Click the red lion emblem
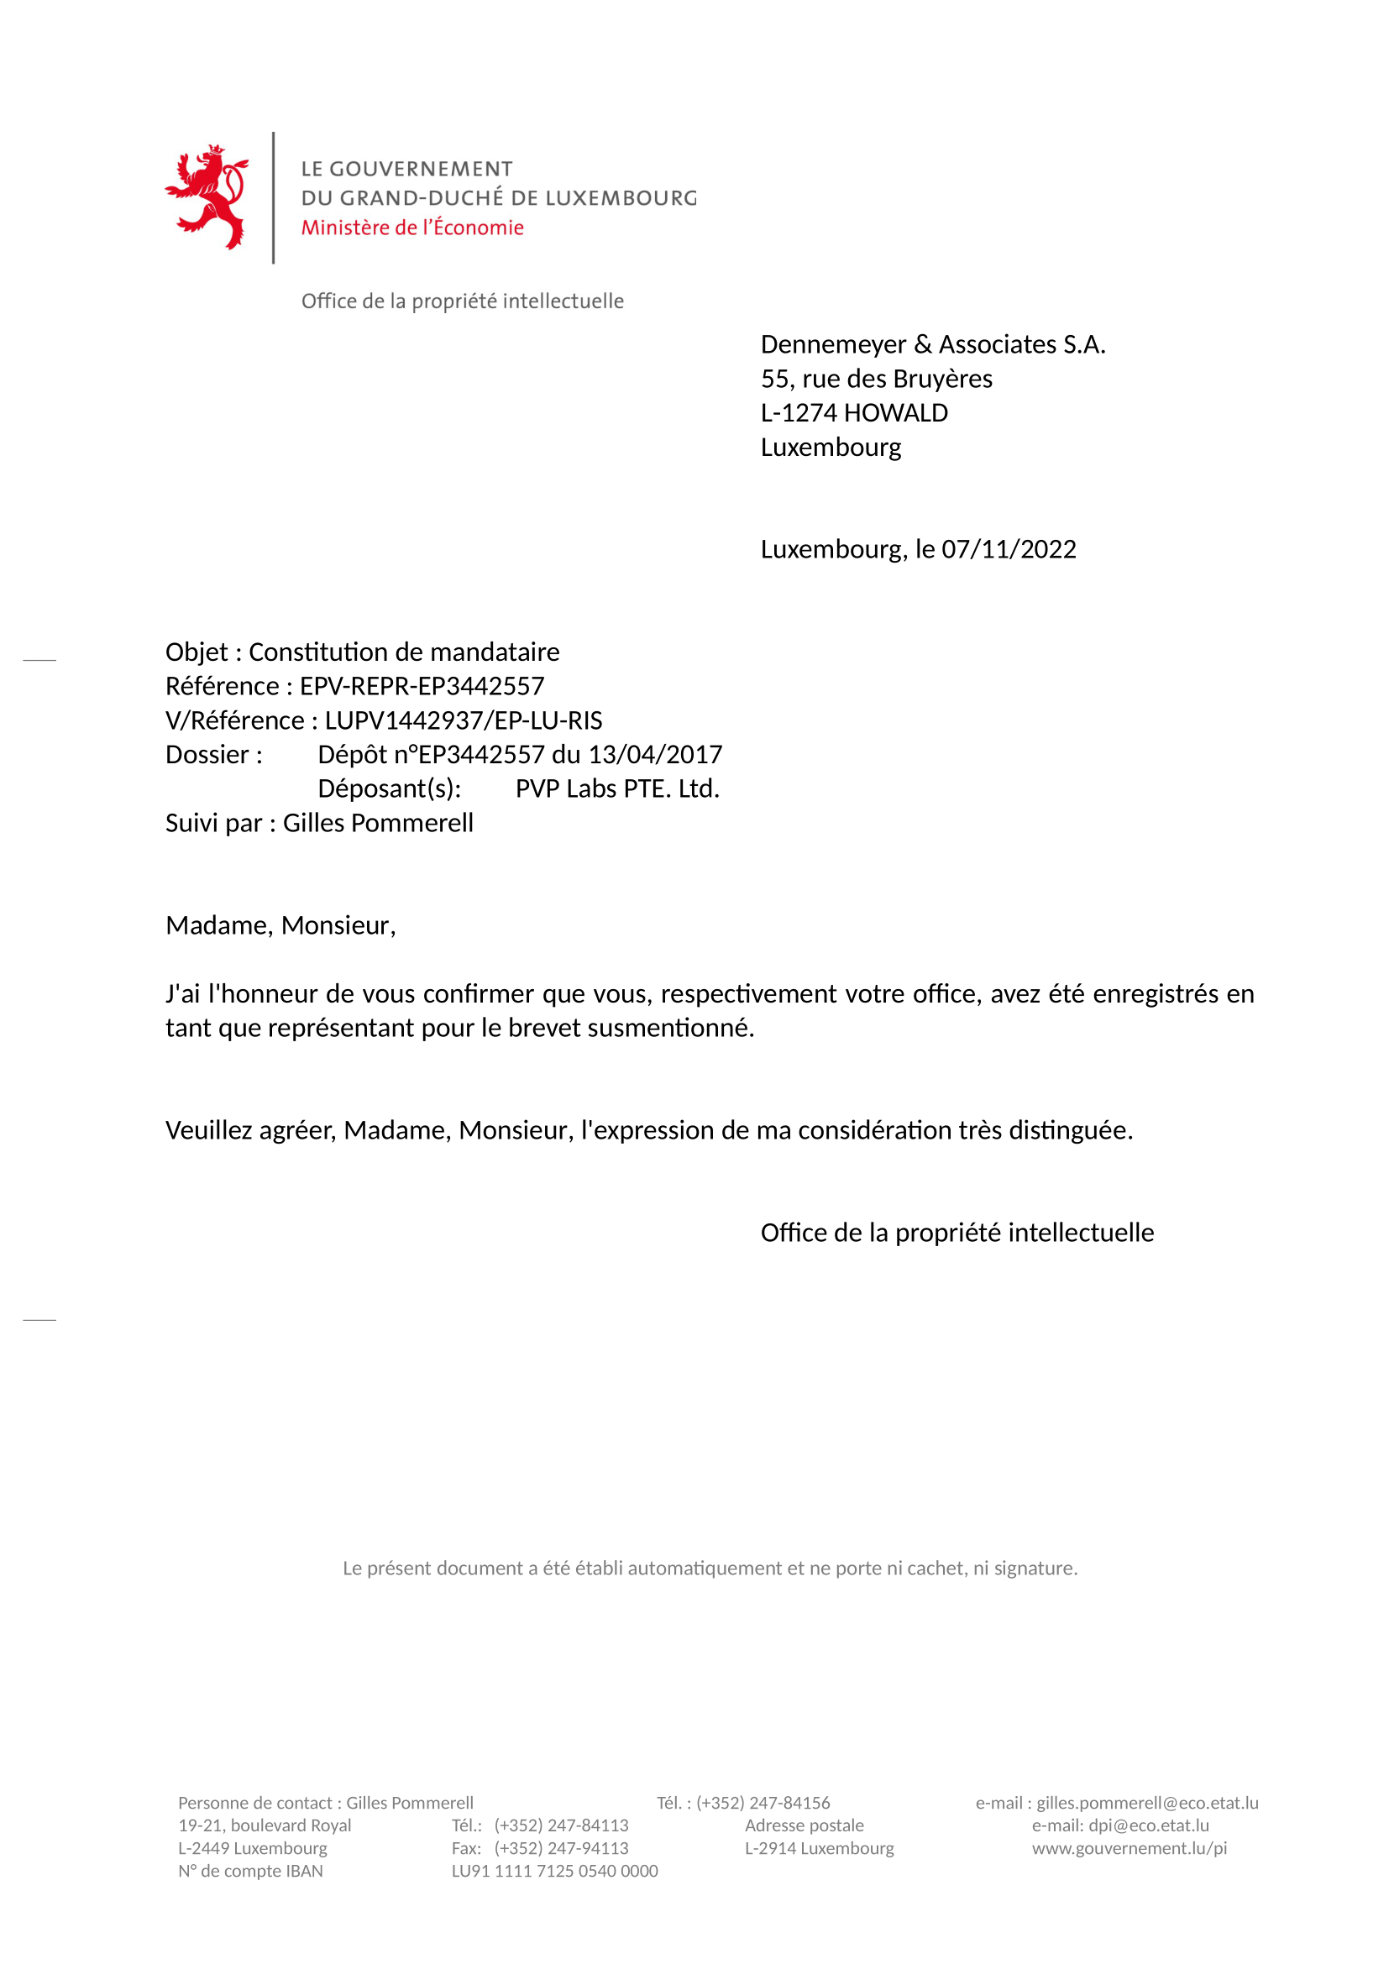(207, 196)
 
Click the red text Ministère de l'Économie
(412, 228)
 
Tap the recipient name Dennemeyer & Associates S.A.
(932, 344)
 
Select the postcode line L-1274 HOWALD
(853, 413)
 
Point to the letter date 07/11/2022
(1009, 549)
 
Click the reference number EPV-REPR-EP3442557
(422, 686)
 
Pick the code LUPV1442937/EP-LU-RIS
(463, 720)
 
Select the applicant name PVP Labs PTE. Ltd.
(616, 788)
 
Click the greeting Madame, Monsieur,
(280, 925)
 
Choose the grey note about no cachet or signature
(710, 1568)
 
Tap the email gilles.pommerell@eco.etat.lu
(1147, 1803)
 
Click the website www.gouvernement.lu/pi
(1129, 1847)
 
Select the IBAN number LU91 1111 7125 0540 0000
(554, 1871)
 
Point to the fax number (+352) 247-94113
(561, 1847)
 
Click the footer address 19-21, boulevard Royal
(265, 1825)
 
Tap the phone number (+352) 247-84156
(763, 1803)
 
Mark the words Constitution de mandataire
(404, 652)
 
